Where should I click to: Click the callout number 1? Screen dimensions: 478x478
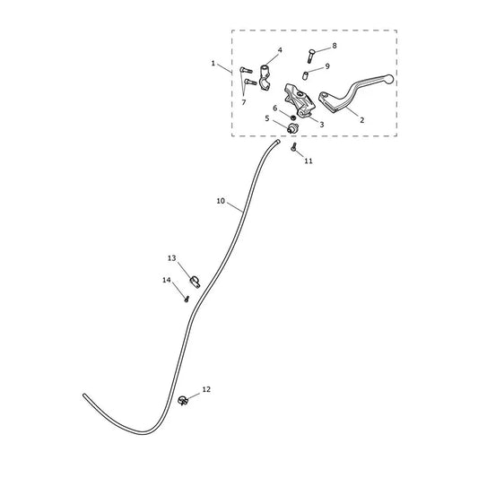coord(213,64)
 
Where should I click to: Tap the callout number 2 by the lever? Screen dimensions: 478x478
coord(361,120)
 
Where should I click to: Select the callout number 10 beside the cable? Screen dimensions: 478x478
coord(221,201)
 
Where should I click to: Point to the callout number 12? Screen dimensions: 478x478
coord(206,389)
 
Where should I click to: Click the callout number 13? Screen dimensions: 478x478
coord(172,258)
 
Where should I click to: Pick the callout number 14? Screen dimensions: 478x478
coord(167,280)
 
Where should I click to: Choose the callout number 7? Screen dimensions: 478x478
coord(244,102)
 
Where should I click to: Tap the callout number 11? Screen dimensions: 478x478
coord(309,161)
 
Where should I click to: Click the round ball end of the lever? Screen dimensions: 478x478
coord(388,79)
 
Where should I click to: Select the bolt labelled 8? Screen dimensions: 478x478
coord(311,56)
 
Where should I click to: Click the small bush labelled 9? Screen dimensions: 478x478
coord(305,75)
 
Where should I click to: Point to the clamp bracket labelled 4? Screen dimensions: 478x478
coord(265,78)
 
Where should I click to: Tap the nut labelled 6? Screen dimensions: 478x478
coord(293,117)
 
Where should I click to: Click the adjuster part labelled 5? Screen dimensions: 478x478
coord(292,128)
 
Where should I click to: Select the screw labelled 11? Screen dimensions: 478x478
coord(294,148)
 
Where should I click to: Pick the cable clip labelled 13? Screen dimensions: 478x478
coord(195,282)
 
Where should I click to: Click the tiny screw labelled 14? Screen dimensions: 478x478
coord(187,299)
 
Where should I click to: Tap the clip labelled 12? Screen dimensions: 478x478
coord(183,400)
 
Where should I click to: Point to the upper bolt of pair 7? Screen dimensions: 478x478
coord(246,70)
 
